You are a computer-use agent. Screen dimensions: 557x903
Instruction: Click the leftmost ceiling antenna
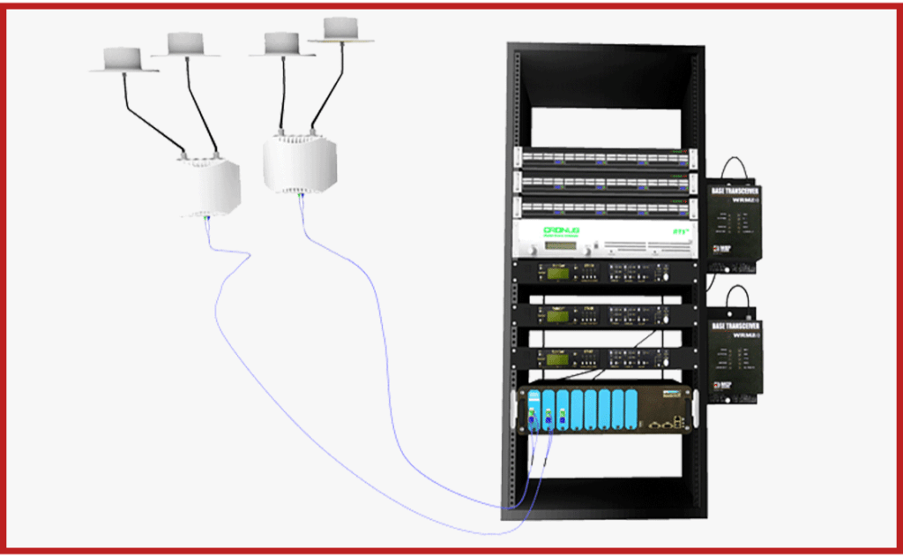(123, 59)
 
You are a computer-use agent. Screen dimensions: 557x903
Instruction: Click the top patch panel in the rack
(604, 159)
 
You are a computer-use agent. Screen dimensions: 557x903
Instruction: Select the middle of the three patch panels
(604, 184)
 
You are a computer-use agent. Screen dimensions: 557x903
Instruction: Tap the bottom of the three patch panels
(604, 208)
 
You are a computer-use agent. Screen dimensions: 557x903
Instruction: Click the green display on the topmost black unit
(557, 274)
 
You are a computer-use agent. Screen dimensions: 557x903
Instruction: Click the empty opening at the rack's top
(604, 124)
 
